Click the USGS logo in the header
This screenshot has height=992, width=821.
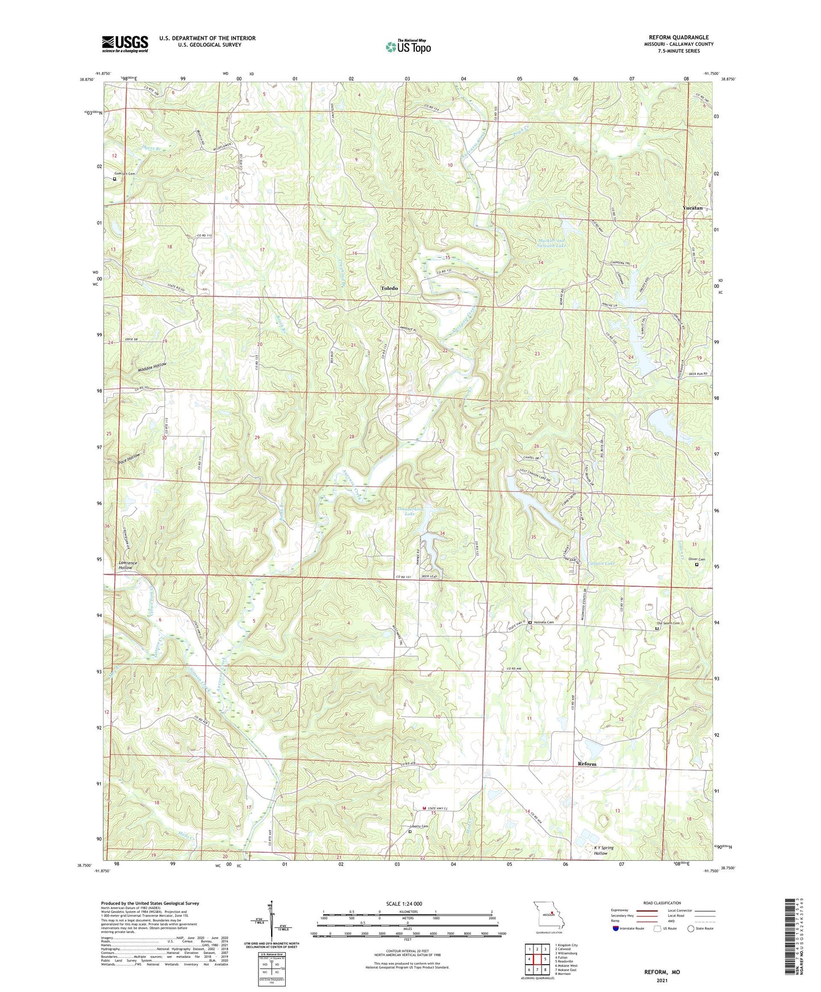click(125, 44)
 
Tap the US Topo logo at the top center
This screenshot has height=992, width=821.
click(407, 47)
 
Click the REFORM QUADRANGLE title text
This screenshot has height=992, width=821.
click(678, 37)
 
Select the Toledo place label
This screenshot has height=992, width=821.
click(389, 289)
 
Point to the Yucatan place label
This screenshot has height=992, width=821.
click(692, 208)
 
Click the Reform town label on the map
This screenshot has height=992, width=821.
click(587, 764)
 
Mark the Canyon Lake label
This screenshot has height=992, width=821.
click(601, 564)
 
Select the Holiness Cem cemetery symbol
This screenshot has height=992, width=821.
click(530, 623)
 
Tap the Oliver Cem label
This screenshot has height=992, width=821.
click(697, 560)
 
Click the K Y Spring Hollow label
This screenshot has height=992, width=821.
click(603, 851)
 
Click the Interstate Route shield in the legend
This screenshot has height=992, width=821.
click(615, 928)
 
